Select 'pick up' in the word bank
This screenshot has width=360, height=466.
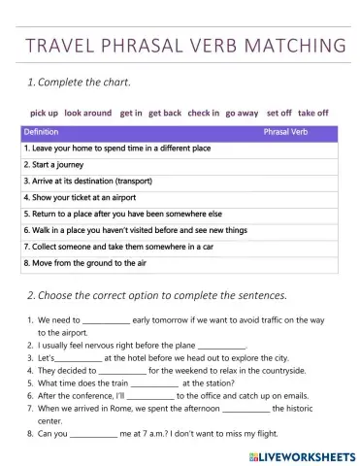[44, 113]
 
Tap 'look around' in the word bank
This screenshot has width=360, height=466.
[88, 113]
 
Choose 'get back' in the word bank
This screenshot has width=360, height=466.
[165, 113]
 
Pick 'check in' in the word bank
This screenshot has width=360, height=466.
[203, 113]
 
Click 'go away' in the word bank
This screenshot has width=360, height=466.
[242, 113]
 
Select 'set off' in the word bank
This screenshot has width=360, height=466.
[279, 113]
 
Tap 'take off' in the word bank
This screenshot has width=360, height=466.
[313, 113]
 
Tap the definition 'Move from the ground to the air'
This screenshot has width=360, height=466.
[83, 263]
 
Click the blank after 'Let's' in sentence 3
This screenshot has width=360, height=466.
[79, 357]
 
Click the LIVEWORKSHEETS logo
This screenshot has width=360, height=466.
[304, 454]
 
